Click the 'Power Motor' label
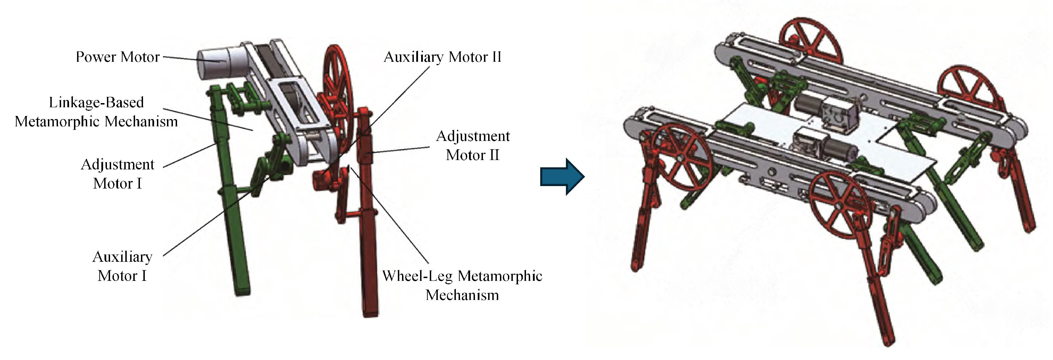[117, 57]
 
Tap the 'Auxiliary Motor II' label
[442, 57]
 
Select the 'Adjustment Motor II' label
[473, 145]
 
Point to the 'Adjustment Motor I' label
[117, 174]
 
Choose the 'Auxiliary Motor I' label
[122, 266]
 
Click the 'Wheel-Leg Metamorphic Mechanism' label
[462, 285]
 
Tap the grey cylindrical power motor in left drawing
[215, 65]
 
